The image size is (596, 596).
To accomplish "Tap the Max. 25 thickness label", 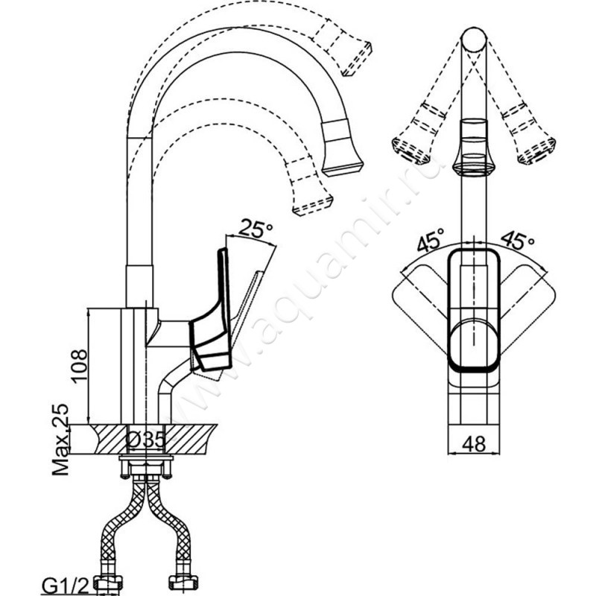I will pyautogui.click(x=61, y=440).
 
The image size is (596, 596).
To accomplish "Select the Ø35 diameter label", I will pyautogui.click(x=145, y=440).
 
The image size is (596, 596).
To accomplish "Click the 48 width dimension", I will pyautogui.click(x=474, y=444).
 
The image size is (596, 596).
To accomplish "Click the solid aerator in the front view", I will pyautogui.click(x=474, y=149).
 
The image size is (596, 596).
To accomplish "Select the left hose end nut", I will pyautogui.click(x=108, y=583).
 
